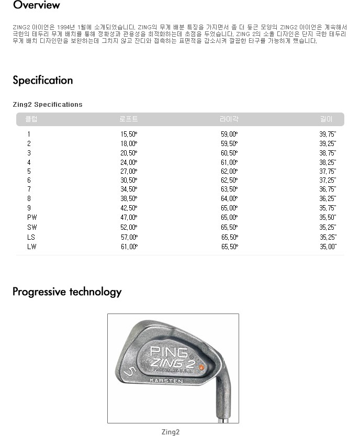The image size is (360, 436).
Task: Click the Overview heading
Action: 36,6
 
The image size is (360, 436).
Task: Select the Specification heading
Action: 42,81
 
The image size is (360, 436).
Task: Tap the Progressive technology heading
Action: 67,292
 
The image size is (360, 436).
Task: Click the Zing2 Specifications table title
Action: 48,105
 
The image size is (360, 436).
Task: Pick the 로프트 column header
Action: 129,119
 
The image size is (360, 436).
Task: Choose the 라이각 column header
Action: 229,119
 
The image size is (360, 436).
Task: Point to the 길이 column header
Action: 327,119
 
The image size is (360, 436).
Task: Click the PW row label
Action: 32,217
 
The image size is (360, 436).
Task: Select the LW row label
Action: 32,247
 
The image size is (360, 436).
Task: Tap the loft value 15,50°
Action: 129,134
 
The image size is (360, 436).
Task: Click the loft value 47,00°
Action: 129,217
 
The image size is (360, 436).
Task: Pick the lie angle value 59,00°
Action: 229,134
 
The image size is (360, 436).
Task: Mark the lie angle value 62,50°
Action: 229,180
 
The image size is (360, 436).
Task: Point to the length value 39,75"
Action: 328,134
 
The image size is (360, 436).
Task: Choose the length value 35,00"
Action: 328,247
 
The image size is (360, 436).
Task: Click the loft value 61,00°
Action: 129,247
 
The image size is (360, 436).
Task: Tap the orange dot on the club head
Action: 201,367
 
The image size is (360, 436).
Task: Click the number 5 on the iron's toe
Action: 130,372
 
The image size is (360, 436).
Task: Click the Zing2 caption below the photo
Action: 171,432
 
